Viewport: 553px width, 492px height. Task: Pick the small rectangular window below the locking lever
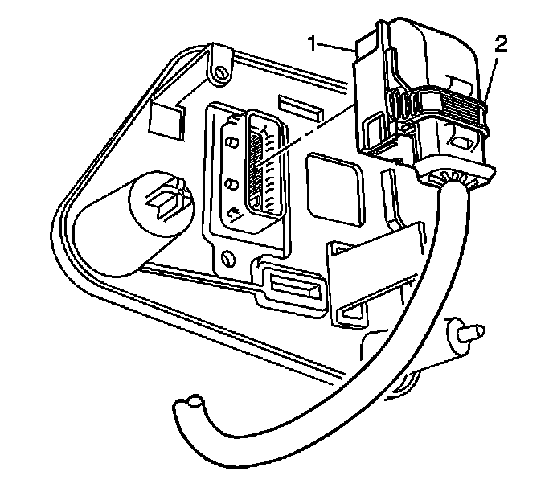point(464,142)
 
